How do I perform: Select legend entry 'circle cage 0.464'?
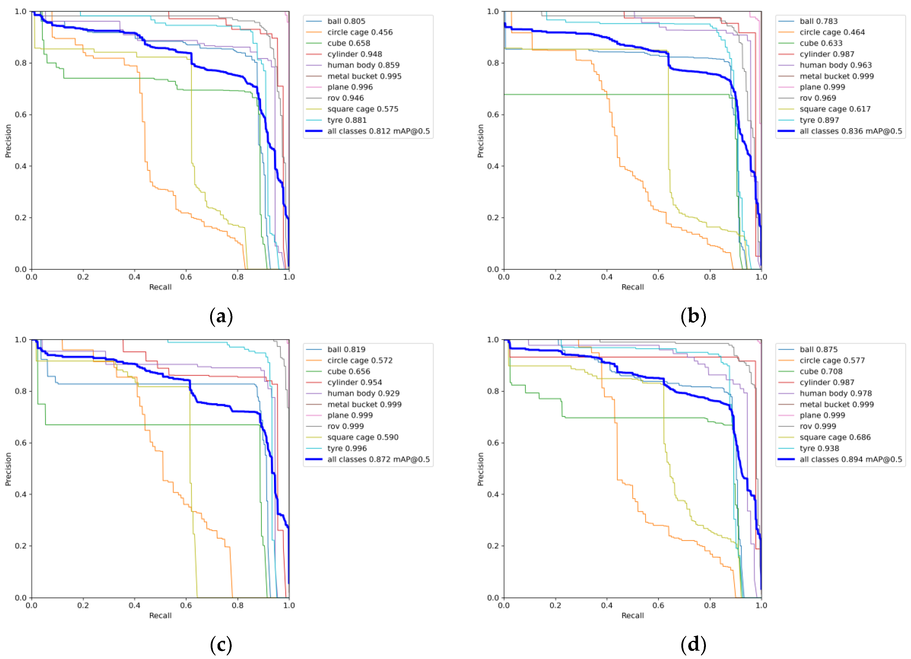pyautogui.click(x=832, y=32)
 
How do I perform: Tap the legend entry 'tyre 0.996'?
pyautogui.click(x=347, y=448)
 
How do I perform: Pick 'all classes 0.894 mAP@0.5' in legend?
pyautogui.click(x=850, y=459)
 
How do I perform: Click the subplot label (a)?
pyautogui.click(x=221, y=316)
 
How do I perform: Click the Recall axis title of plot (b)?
pyautogui.click(x=632, y=287)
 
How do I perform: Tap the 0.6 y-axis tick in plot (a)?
pyautogui.click(x=21, y=114)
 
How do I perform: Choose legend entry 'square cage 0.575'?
pyautogui.click(x=362, y=109)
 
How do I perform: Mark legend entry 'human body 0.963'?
pyautogui.click(x=836, y=65)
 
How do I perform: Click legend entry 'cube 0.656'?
pyautogui.click(x=348, y=371)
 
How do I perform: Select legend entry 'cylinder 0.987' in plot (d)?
pyautogui.click(x=827, y=382)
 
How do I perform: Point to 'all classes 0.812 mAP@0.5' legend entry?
pyautogui.click(x=378, y=131)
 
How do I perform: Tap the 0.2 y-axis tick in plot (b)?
pyautogui.click(x=493, y=217)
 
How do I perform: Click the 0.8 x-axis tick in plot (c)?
pyautogui.click(x=237, y=605)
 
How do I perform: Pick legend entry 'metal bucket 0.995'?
pyautogui.click(x=364, y=76)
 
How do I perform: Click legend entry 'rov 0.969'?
pyautogui.click(x=817, y=98)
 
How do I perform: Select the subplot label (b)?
pyautogui.click(x=693, y=316)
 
